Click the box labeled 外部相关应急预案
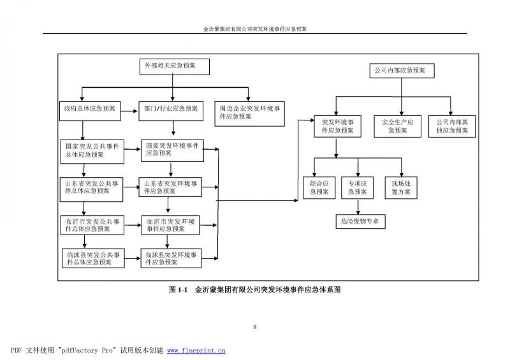pos(170,66)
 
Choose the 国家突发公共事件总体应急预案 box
pos(89,150)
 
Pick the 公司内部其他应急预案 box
pos(451,126)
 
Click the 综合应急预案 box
pos(318,187)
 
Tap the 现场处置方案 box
pos(401,187)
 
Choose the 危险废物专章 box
pos(360,221)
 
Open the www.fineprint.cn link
pos(196,350)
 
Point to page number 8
pos(255,327)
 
